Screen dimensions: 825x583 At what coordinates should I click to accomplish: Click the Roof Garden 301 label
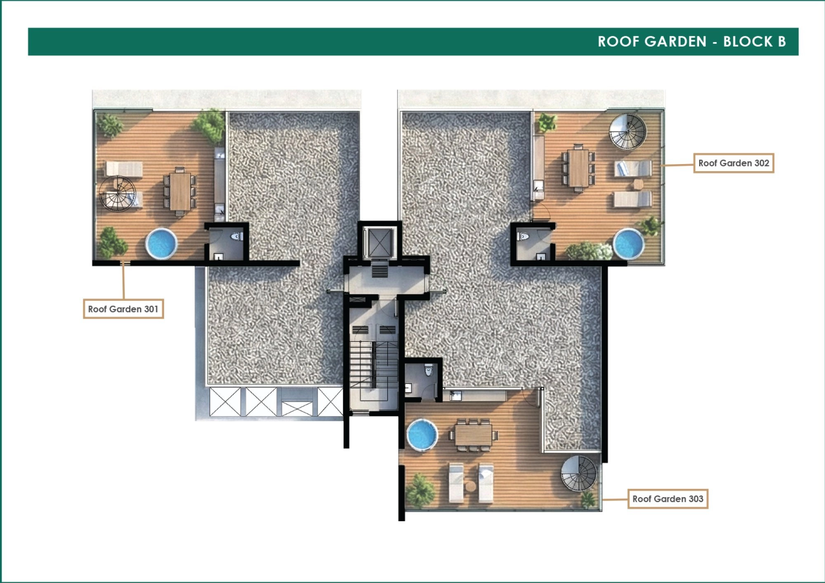click(x=123, y=309)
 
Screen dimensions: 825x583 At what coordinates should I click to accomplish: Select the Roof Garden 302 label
click(x=733, y=163)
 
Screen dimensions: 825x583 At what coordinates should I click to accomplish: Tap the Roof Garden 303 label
click(x=668, y=499)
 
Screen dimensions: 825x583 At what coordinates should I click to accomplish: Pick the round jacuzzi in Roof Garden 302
click(x=629, y=244)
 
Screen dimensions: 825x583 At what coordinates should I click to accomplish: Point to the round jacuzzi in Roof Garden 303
click(x=422, y=435)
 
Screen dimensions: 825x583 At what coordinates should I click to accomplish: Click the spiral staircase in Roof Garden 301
click(x=118, y=193)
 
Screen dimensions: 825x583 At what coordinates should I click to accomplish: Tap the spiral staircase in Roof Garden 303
click(x=579, y=473)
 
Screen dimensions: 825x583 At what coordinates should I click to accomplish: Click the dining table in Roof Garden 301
click(x=180, y=192)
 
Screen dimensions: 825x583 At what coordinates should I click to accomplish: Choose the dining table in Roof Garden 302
click(x=578, y=168)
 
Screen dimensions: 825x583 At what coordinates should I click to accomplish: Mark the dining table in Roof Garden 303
click(x=474, y=435)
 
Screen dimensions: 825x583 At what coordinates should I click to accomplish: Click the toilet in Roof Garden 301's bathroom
click(x=236, y=237)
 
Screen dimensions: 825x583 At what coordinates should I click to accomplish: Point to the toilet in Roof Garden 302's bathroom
click(x=523, y=236)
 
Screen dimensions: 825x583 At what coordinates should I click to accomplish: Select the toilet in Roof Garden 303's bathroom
click(x=429, y=371)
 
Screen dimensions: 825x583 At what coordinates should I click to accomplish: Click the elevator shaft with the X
click(x=379, y=242)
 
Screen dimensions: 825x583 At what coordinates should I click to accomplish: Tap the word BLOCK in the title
click(x=748, y=42)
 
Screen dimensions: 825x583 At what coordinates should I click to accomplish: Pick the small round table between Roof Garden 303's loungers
click(x=471, y=486)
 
